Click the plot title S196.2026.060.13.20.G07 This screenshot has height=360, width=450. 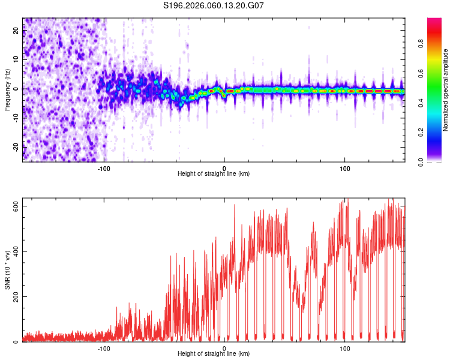[x=213, y=5]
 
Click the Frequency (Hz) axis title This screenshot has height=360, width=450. [x=7, y=90]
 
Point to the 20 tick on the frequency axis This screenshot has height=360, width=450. [x=16, y=31]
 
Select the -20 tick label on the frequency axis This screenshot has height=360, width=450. [x=16, y=147]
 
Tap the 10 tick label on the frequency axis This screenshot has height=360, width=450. [x=16, y=59]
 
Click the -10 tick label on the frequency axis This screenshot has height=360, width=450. [x=16, y=118]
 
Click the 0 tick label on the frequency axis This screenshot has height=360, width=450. [x=16, y=89]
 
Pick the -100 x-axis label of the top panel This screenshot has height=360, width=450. [x=104, y=169]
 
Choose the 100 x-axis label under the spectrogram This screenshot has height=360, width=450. [x=344, y=169]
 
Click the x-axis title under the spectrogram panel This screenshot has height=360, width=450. [x=214, y=173]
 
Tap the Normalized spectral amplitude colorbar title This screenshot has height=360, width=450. [x=445, y=90]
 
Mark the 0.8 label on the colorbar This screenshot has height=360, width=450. [x=421, y=44]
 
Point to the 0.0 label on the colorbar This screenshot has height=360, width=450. [x=421, y=162]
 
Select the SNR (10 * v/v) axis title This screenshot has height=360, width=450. [x=7, y=270]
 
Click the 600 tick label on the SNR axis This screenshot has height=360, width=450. [x=16, y=206]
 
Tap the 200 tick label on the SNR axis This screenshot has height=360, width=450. [x=16, y=296]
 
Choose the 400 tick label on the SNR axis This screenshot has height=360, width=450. [x=16, y=251]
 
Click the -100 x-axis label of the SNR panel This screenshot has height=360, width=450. [x=104, y=349]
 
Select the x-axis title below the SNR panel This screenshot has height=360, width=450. [x=214, y=353]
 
